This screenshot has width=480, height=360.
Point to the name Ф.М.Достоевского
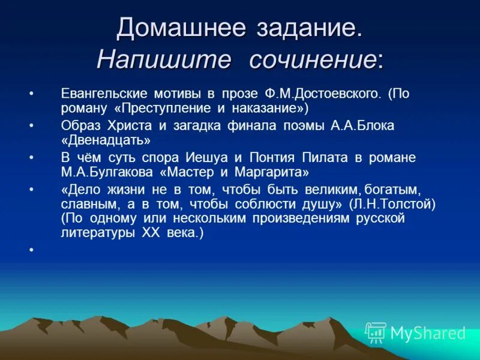pos(322,94)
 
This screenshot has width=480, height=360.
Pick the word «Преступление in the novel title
pos(144,109)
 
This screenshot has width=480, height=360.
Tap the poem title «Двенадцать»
pos(105,140)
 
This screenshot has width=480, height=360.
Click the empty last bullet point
pos(31,248)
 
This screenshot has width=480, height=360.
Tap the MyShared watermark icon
pos(376,332)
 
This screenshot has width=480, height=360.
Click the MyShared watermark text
pos(427,333)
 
